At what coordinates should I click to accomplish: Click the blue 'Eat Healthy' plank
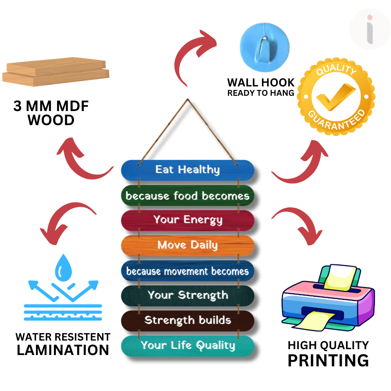188,170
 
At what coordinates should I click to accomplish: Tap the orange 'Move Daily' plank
188,246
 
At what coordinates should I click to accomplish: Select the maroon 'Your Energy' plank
188,220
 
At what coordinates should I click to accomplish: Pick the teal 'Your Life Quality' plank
188,346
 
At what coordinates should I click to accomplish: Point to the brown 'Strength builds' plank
188,321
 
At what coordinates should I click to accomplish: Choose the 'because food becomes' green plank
188,195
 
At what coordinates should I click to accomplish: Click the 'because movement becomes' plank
188,271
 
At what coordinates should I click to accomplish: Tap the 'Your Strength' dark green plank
188,296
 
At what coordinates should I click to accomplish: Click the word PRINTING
328,360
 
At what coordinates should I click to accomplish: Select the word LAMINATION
63,350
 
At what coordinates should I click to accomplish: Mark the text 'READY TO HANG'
261,93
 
